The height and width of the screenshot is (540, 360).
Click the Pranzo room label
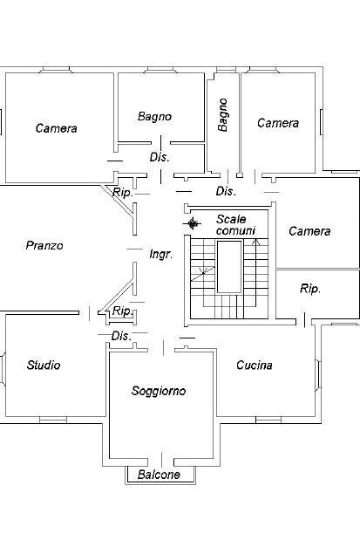click(x=44, y=246)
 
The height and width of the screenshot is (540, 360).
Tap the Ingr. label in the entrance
click(x=160, y=255)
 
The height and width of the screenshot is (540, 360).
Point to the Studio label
click(x=44, y=366)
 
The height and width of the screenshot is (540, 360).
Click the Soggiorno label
click(x=159, y=391)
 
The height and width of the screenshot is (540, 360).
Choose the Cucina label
click(x=255, y=366)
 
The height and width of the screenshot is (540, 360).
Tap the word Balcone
click(x=159, y=475)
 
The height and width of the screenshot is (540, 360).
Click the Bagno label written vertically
click(x=223, y=114)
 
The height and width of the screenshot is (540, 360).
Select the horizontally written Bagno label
click(x=155, y=116)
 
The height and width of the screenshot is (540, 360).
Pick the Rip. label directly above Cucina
click(x=310, y=289)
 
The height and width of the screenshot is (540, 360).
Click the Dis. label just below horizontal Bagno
click(x=160, y=157)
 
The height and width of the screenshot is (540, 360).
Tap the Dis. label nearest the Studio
click(x=121, y=336)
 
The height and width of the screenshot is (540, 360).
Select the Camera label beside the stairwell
click(x=309, y=231)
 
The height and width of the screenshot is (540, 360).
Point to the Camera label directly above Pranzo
click(x=57, y=128)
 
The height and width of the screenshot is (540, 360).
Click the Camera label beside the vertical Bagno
click(x=278, y=123)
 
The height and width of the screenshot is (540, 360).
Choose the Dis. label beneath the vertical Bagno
click(x=226, y=191)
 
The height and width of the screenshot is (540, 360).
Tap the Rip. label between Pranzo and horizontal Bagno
click(x=123, y=192)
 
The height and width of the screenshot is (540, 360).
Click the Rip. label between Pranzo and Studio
click(x=122, y=311)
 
